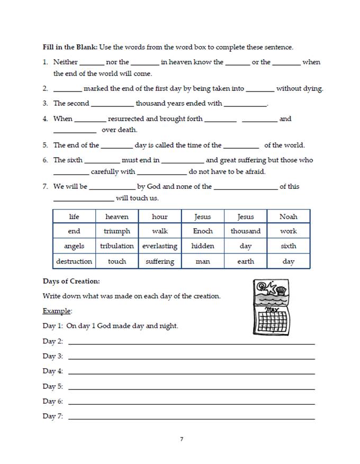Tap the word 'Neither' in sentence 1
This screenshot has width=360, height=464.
click(x=66, y=62)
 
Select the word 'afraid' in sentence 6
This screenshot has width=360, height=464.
click(x=253, y=171)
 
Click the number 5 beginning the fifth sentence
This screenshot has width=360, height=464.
click(x=46, y=145)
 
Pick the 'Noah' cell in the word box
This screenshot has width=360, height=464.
click(x=289, y=216)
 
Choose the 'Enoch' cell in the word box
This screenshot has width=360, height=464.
click(x=203, y=231)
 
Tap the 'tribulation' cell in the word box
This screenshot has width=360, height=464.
click(x=117, y=246)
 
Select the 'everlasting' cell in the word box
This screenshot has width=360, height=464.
click(x=160, y=246)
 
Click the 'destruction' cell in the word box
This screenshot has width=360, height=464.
click(x=74, y=261)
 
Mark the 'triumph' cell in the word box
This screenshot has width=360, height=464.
click(x=117, y=231)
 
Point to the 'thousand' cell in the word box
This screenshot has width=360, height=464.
click(x=246, y=231)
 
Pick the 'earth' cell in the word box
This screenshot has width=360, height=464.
click(x=246, y=261)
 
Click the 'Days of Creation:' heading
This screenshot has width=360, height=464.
click(x=71, y=281)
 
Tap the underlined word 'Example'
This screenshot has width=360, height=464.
click(x=57, y=311)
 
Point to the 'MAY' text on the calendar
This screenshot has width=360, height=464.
click(x=272, y=309)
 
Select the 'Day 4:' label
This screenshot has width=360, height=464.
click(x=52, y=371)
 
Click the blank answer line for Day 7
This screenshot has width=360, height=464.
click(x=191, y=418)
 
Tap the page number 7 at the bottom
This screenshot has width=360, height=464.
click(x=182, y=439)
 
